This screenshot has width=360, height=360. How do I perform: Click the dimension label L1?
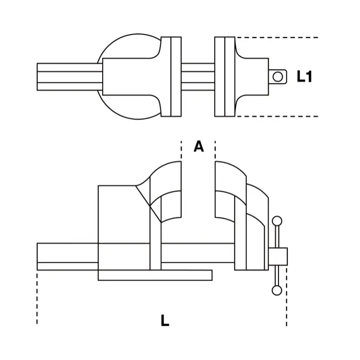pos(305,76)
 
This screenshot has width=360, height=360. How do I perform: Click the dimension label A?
pos(198,146)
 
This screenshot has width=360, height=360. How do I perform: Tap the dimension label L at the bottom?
pos(165,320)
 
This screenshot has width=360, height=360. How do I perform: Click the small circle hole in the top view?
pos(278,76)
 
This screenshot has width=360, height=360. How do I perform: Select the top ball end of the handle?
pos(277,221)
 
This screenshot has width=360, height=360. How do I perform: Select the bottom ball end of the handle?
pos(277,290)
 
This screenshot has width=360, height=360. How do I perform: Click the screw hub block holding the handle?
pos(278,256)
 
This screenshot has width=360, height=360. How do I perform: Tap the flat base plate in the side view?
pos(155,275)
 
